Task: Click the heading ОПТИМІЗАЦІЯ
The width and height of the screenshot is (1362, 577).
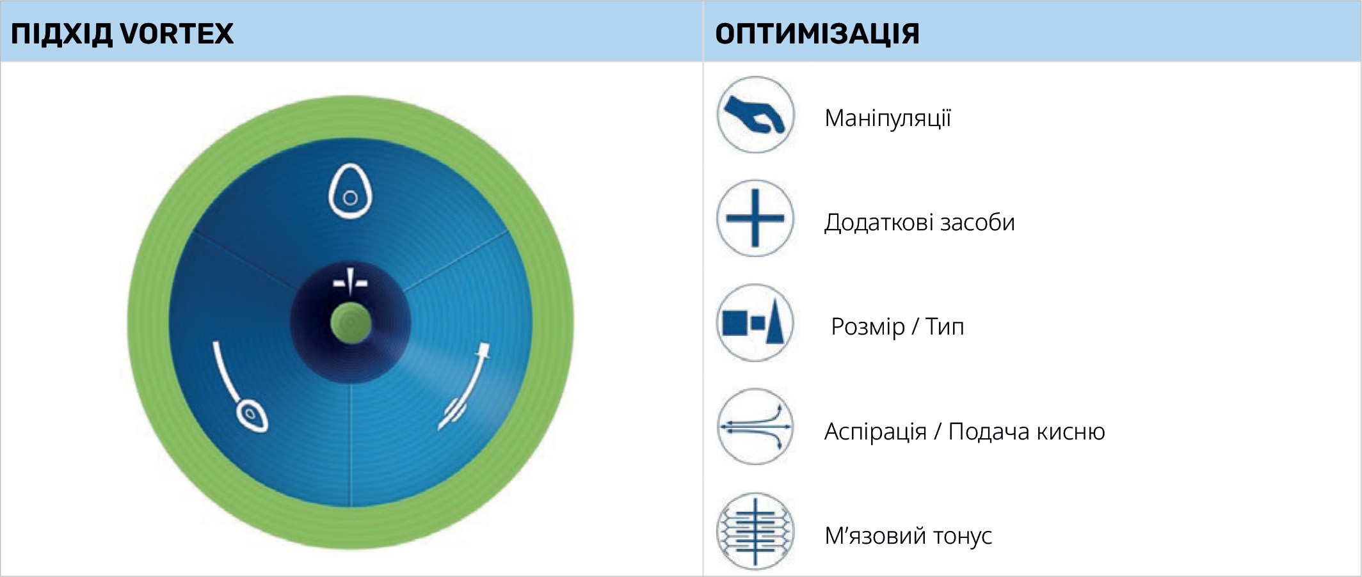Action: point(817,33)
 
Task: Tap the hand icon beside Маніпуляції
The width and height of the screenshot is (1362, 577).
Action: point(755,115)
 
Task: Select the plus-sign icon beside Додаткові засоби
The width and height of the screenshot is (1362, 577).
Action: point(755,218)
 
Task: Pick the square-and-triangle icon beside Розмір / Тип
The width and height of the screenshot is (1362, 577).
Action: point(755,322)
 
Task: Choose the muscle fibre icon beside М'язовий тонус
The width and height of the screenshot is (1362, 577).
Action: point(755,531)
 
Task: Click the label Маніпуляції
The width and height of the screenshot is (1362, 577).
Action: point(887,118)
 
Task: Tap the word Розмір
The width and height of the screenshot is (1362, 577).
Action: point(867,327)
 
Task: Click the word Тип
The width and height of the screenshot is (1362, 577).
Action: point(944,327)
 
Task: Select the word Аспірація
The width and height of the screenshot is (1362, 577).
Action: point(875,432)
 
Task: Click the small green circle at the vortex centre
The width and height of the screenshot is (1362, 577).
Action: point(351,323)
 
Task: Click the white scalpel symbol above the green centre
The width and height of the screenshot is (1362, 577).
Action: point(350,281)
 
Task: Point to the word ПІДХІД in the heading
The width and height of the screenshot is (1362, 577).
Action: point(61,33)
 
